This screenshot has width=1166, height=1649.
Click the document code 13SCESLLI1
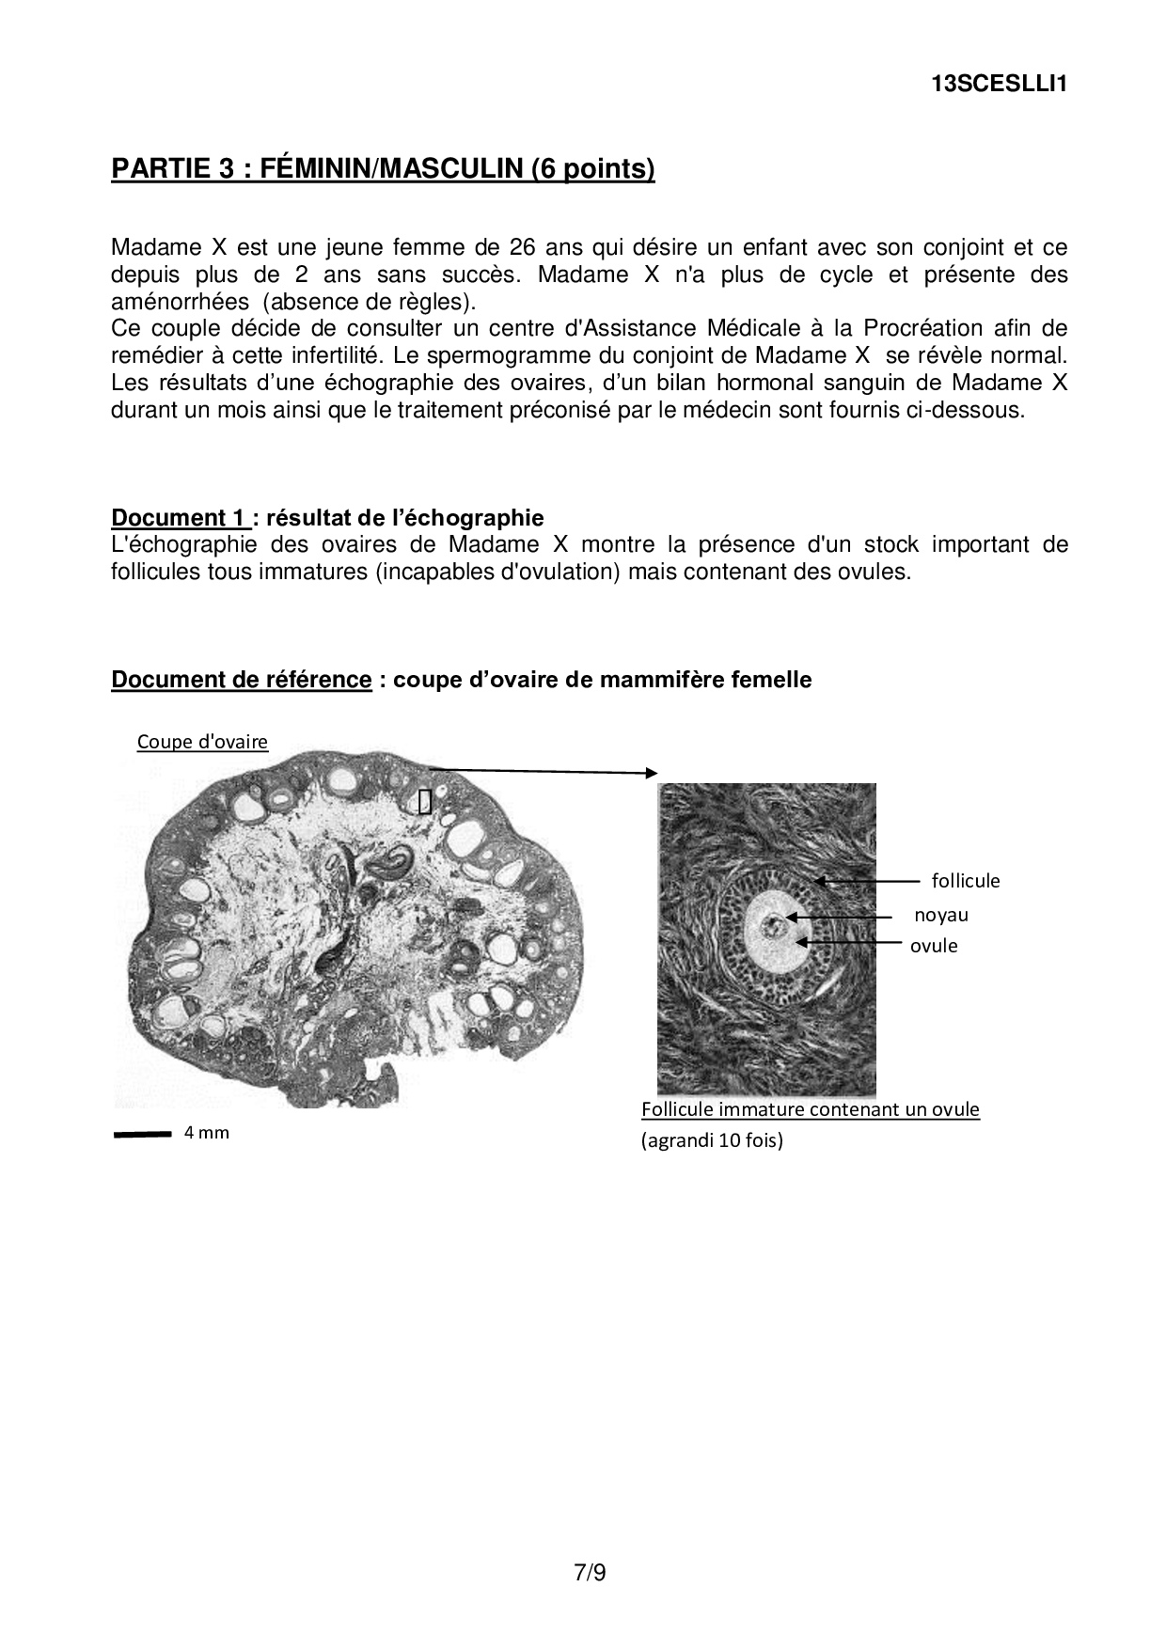click(x=999, y=84)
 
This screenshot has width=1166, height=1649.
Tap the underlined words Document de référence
click(x=242, y=679)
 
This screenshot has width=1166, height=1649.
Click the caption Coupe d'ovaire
click(x=202, y=742)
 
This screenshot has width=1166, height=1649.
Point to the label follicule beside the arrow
click(x=966, y=881)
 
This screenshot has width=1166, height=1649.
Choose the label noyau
click(x=940, y=915)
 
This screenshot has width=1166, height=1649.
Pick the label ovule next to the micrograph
click(x=934, y=946)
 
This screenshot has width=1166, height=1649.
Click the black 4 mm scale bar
click(x=142, y=1135)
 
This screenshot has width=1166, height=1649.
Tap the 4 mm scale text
click(x=207, y=1133)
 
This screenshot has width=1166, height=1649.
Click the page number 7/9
click(x=590, y=1572)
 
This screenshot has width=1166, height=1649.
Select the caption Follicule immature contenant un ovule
click(x=810, y=1109)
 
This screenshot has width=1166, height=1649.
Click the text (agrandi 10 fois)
click(x=712, y=1140)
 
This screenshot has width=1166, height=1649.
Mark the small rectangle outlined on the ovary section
click(x=425, y=801)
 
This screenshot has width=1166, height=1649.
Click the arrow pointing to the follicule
click(x=867, y=882)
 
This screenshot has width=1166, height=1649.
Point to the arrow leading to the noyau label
click(x=839, y=916)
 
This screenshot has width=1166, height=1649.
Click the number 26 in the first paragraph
click(x=521, y=247)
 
